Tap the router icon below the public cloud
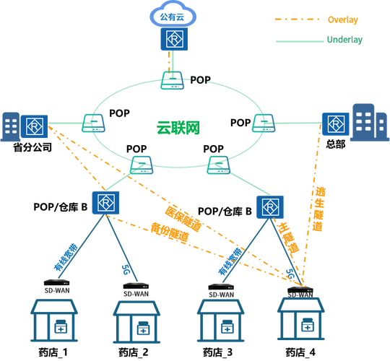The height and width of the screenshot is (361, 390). point(174,39)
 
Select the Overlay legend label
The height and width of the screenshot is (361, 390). point(343,19)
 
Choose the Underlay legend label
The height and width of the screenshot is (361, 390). point(344,40)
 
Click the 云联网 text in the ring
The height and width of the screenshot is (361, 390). point(178,128)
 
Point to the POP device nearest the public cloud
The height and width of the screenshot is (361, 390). point(173,80)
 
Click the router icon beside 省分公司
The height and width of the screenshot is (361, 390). point(35,126)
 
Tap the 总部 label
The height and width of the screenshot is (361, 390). point(336,144)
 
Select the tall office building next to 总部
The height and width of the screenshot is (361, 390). point(370,122)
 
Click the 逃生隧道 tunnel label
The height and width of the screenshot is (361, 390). point(318,209)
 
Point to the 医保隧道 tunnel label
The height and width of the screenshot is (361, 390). point(183,219)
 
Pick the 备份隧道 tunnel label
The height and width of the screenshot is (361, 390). point(170,232)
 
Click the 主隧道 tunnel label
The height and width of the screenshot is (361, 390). point(288,240)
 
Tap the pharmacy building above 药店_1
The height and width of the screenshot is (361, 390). point(54,321)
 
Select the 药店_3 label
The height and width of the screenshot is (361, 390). point(217,352)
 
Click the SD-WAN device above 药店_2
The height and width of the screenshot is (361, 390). point(136,286)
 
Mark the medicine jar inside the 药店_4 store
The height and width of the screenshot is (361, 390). point(308,325)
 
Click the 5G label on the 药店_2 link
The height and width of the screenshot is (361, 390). point(126,270)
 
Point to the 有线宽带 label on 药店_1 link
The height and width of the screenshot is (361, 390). point(66,257)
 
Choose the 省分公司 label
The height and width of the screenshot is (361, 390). point(32,147)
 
